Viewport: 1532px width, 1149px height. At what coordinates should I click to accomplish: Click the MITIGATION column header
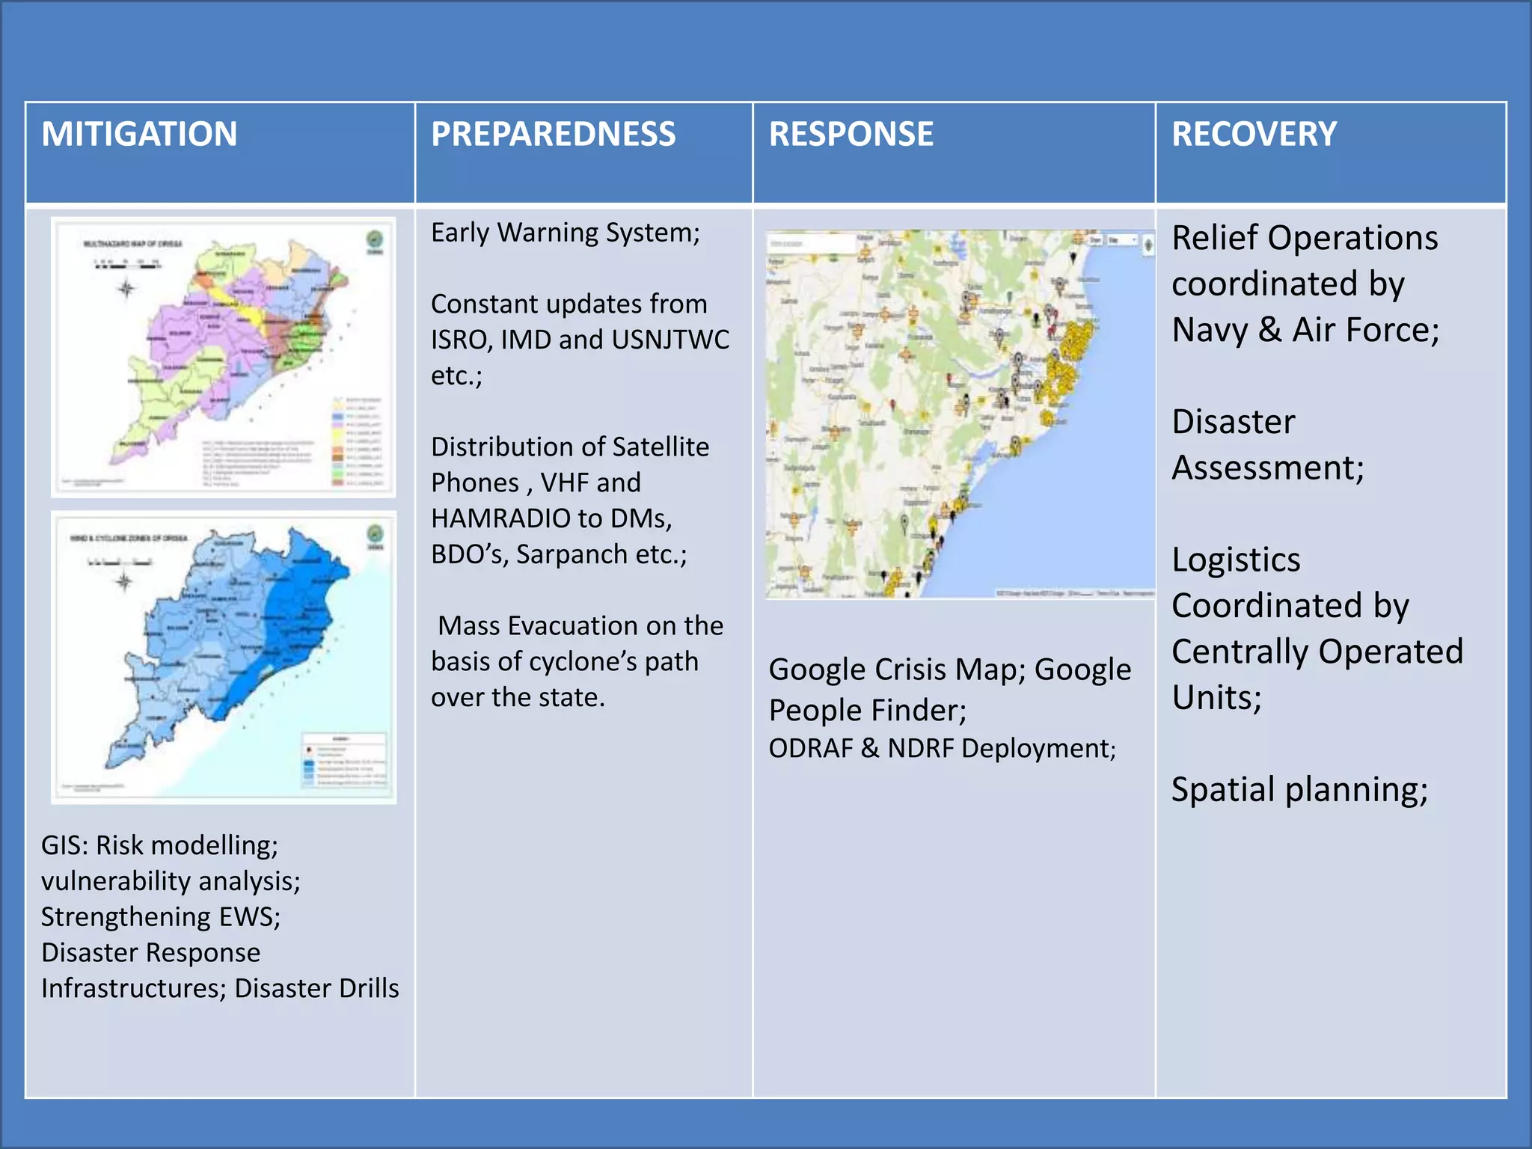(x=139, y=135)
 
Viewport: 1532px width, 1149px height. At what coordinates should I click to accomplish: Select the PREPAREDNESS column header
(x=553, y=135)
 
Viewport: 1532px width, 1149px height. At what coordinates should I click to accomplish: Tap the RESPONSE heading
(x=851, y=135)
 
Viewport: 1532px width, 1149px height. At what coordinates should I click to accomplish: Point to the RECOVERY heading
(x=1254, y=135)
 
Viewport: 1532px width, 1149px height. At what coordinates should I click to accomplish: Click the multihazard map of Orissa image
(x=223, y=358)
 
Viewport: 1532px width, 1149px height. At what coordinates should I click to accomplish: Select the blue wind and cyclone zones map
(x=223, y=657)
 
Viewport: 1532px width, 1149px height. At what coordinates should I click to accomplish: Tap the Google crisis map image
(x=960, y=414)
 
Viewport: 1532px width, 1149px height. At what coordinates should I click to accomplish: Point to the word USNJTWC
(x=670, y=340)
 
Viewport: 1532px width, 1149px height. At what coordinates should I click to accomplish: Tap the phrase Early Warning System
(x=565, y=233)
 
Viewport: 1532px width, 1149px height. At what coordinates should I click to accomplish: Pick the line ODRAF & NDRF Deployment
(x=942, y=748)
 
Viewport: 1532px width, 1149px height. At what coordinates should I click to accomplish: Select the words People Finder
(x=867, y=710)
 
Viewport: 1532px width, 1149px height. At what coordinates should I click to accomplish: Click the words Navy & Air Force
(x=1305, y=330)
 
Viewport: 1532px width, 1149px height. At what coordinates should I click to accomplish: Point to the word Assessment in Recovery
(x=1267, y=468)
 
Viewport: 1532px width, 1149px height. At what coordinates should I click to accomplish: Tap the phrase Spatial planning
(x=1299, y=790)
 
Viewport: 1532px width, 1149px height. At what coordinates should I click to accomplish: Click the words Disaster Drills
(x=316, y=988)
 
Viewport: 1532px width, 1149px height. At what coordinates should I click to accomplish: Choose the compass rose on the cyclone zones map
(x=124, y=581)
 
